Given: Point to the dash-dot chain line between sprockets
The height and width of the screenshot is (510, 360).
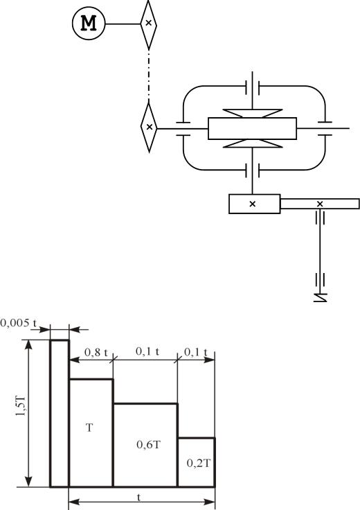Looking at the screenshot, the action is tap(149, 76).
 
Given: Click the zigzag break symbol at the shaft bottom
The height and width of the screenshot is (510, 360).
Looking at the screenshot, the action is tap(321, 297).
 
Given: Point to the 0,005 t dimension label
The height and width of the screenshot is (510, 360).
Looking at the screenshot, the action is tap(19, 323).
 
